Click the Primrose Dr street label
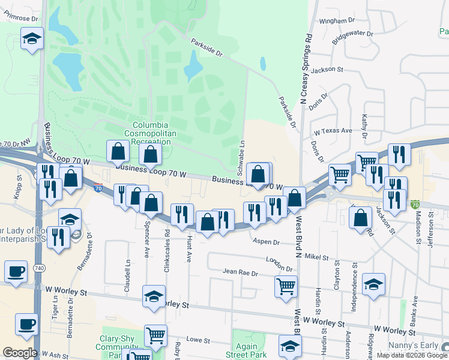(20, 19)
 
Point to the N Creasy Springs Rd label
(306, 68)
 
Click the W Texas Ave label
(333, 131)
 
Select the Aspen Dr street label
(267, 242)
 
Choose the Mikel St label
(316, 257)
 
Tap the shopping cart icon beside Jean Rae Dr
(286, 285)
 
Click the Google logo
(19, 353)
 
